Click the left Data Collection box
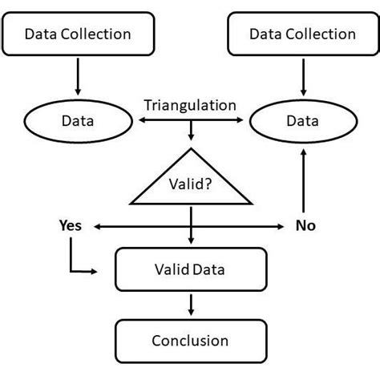(x=78, y=34)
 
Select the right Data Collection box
(x=302, y=34)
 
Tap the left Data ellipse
(x=78, y=121)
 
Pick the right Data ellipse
(x=302, y=121)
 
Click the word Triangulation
(x=190, y=105)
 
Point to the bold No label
(x=305, y=225)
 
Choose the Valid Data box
(x=190, y=270)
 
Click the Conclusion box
(x=190, y=340)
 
